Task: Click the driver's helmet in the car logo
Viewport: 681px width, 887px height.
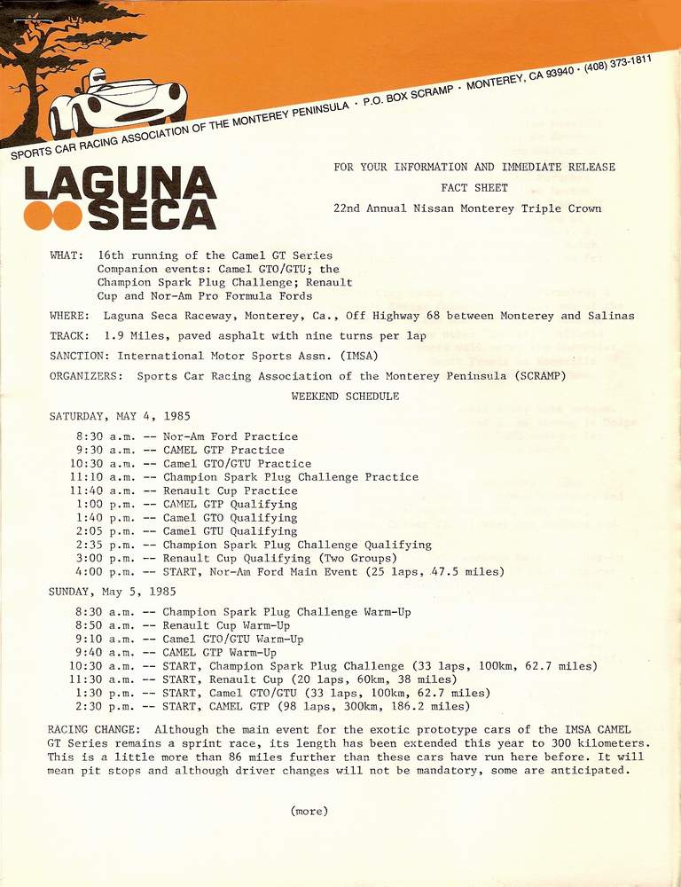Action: coord(97,79)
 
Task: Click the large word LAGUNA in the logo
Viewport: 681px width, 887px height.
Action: coord(121,184)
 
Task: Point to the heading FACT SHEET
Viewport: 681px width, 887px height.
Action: coord(474,188)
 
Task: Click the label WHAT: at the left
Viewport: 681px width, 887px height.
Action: coord(67,255)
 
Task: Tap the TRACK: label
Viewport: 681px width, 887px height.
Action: coord(69,336)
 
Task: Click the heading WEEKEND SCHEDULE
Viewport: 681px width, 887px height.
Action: coord(345,396)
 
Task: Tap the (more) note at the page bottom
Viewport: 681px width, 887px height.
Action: coord(309,811)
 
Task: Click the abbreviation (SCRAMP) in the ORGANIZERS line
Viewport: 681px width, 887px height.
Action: coord(532,376)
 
